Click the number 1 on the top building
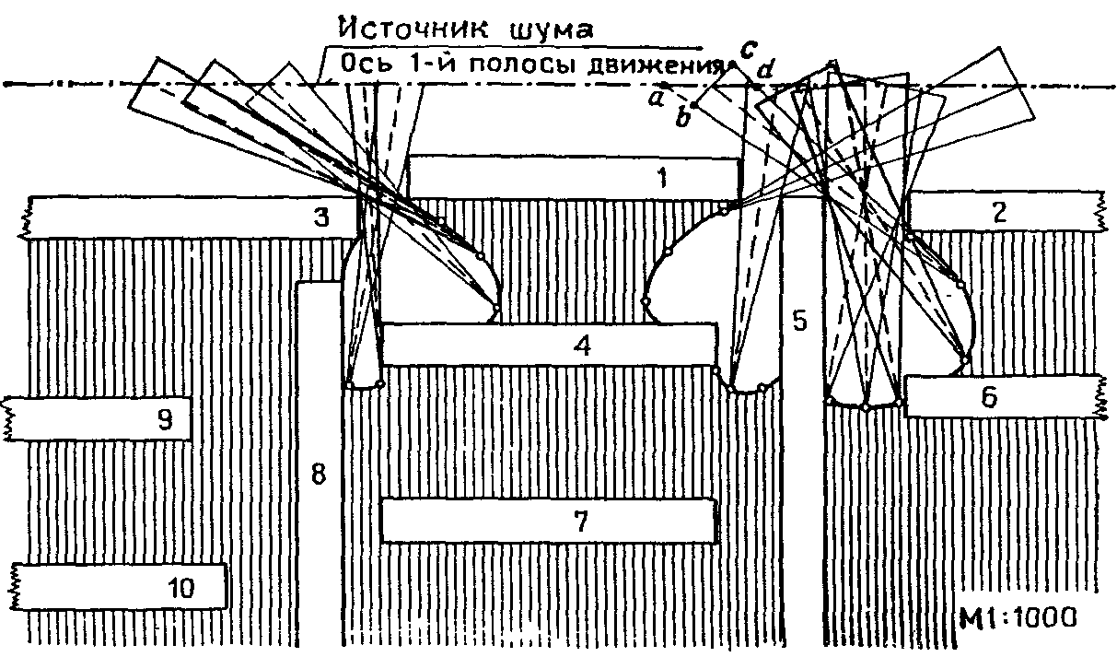coord(662,177)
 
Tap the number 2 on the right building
coord(998,213)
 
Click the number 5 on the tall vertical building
coord(799,320)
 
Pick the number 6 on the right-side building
coord(988,397)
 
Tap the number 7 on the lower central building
coord(580,522)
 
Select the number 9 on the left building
coord(165,420)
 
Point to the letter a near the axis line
coord(657,96)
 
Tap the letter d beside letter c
coord(763,70)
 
